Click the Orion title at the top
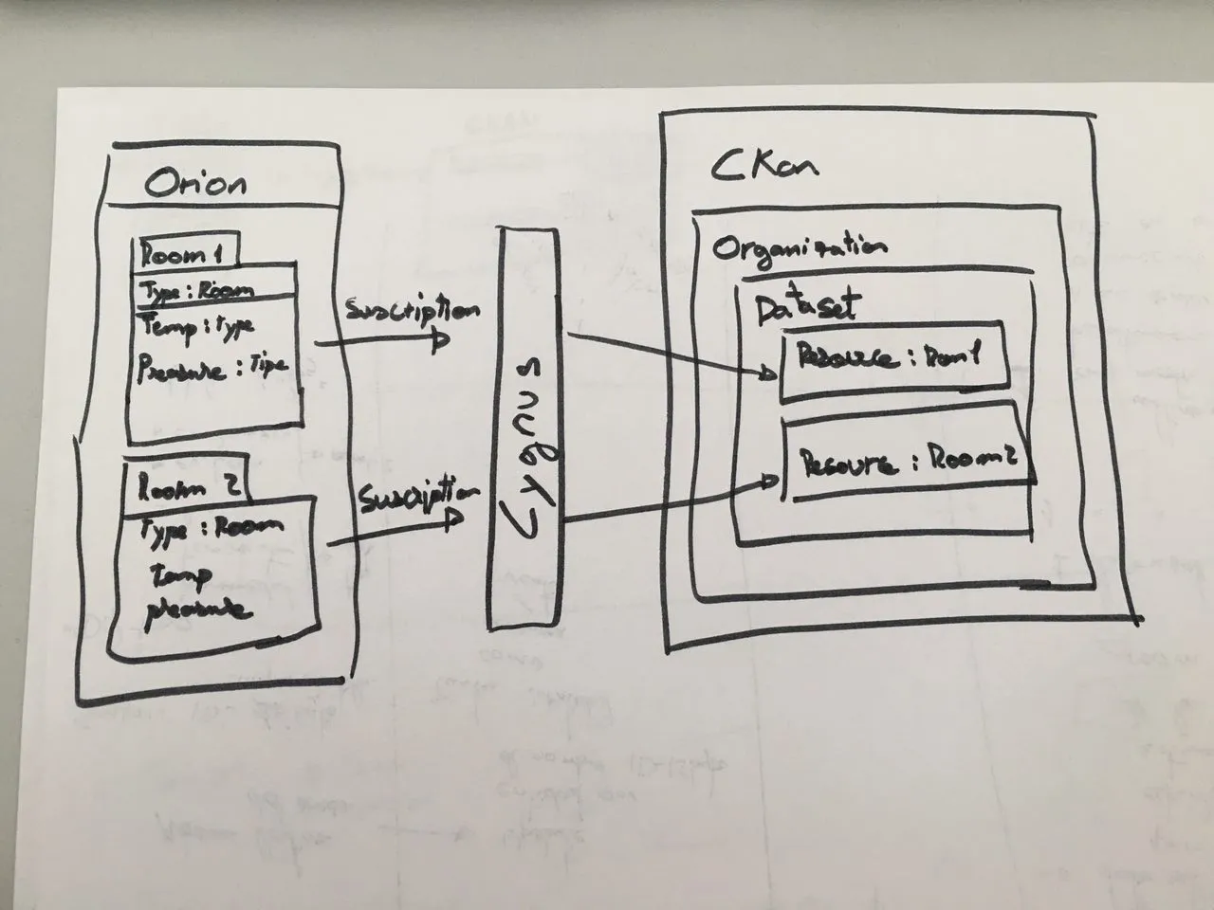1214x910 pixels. coord(194,182)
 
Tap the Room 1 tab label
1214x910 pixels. coord(181,253)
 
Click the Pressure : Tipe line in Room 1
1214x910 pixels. coord(212,367)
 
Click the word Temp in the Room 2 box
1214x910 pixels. coord(181,574)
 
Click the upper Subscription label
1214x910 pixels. coord(411,310)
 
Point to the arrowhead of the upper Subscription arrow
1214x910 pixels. coord(440,340)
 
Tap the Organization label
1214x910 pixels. coord(800,248)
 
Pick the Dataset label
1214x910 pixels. coord(805,306)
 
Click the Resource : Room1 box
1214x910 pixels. coord(892,361)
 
